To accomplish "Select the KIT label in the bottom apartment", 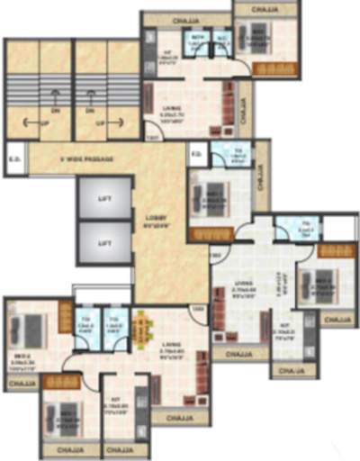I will click(x=119, y=404).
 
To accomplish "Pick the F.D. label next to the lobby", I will click(x=195, y=153).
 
